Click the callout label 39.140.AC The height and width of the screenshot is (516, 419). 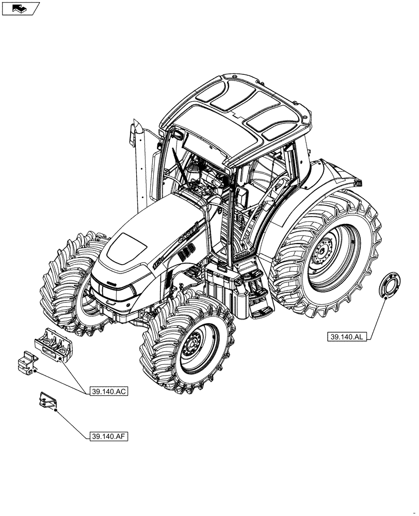(x=108, y=392)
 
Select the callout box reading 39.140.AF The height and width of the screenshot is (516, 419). (x=108, y=436)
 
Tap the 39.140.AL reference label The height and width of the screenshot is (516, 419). (x=347, y=337)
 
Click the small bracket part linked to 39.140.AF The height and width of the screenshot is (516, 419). (x=47, y=402)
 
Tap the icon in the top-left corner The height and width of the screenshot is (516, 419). (x=20, y=8)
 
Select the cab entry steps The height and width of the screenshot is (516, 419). (x=258, y=297)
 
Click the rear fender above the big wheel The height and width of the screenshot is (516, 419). (x=330, y=178)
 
